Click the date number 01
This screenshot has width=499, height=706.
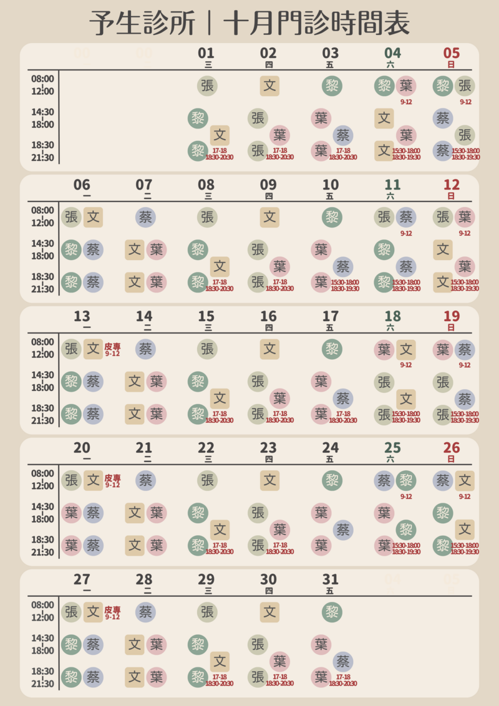tap(206, 53)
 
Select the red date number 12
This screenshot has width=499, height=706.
tap(451, 185)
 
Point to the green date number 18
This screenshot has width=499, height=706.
tap(392, 316)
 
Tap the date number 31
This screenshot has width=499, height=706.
tap(331, 579)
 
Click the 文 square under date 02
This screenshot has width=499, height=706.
tap(269, 85)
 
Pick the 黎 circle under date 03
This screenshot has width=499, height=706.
tap(332, 85)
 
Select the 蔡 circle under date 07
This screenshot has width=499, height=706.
tap(145, 217)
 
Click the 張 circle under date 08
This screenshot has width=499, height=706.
tap(207, 217)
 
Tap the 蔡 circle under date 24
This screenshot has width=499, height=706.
tap(342, 530)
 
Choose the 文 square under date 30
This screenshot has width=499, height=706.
tap(269, 612)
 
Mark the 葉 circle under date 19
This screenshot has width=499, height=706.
tap(443, 349)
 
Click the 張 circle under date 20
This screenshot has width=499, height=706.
tap(72, 480)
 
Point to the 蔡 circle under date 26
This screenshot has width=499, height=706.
tap(443, 480)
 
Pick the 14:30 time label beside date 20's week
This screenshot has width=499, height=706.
tap(43, 506)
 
